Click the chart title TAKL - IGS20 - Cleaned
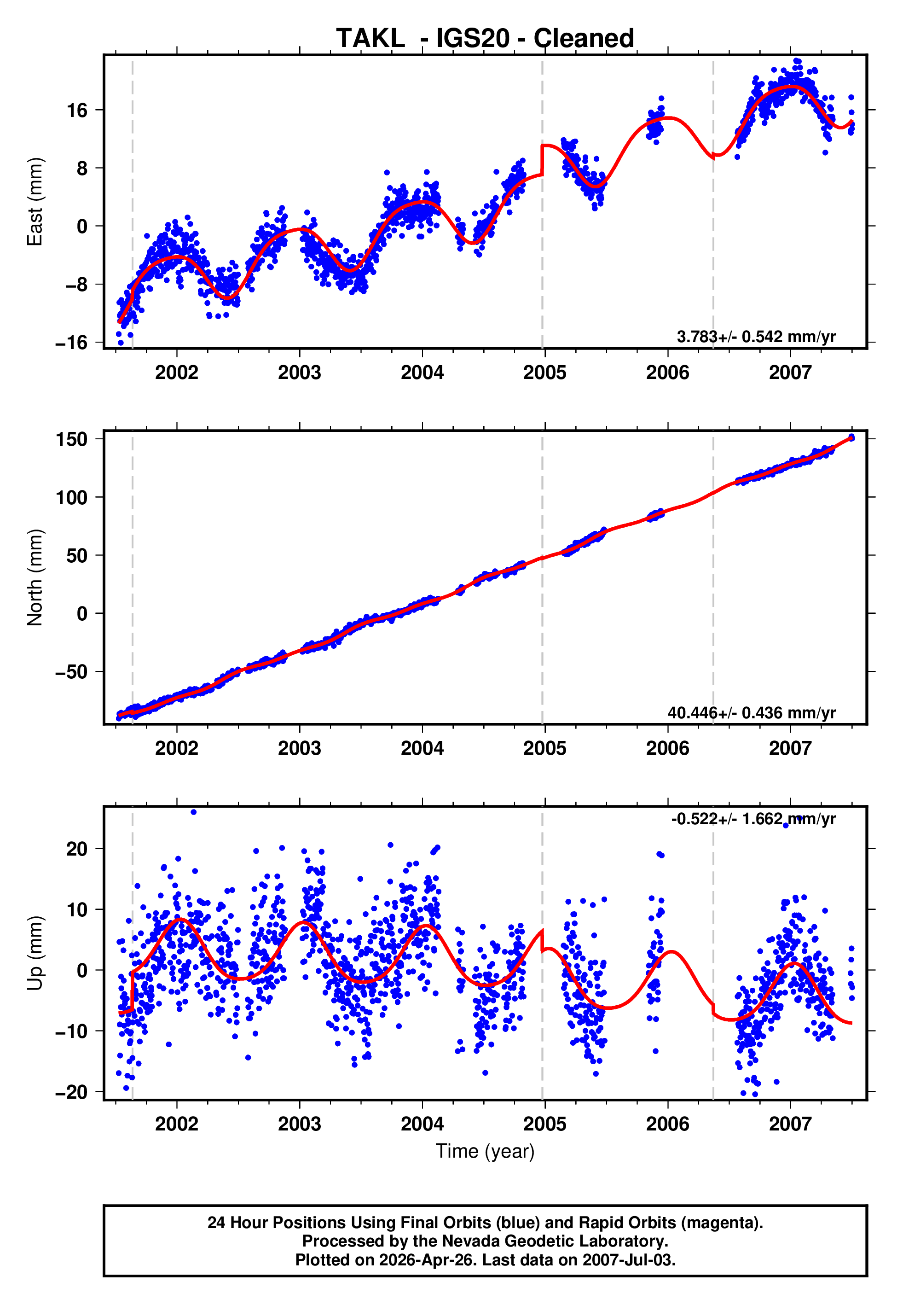click(485, 39)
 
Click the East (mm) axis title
click(35, 202)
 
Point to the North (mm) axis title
click(35, 577)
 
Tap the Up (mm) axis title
click(35, 954)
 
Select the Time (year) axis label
click(485, 1152)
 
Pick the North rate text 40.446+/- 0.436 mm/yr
click(752, 712)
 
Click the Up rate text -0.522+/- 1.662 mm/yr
click(753, 819)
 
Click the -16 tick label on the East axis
click(71, 343)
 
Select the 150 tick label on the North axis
click(71, 439)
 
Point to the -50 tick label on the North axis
click(71, 672)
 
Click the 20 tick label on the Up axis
click(77, 849)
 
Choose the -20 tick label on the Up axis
click(71, 1092)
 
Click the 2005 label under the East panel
click(544, 373)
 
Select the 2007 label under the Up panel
click(790, 1124)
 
